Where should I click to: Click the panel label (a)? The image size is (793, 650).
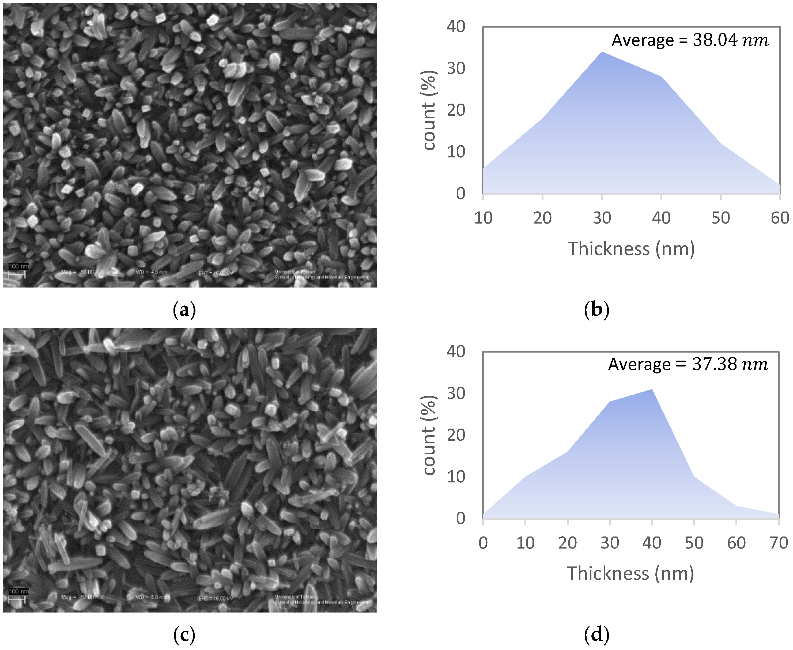pos(184,310)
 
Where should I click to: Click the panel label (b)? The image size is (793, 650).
pos(596,310)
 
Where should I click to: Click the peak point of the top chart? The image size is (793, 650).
pos(602,52)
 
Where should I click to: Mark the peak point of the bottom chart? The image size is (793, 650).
pos(652,390)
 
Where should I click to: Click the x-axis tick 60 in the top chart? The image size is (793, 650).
pos(780,218)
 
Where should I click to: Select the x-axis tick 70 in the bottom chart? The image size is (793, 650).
pos(778,543)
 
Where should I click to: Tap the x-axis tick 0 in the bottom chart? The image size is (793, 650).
pos(483,543)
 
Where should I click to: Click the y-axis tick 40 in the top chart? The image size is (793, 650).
pos(456,27)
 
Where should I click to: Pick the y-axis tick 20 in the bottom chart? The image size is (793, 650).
pos(456,435)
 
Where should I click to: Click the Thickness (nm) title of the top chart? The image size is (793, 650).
pos(631,249)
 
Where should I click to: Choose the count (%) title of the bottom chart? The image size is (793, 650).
pos(429,435)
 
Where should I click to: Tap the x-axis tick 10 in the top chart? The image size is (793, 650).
pos(483,218)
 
